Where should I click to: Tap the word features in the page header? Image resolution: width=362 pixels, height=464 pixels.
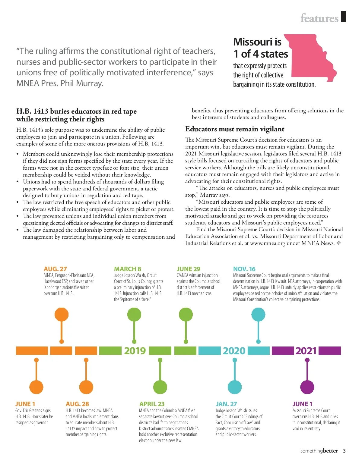pyautogui.click(x=319, y=18)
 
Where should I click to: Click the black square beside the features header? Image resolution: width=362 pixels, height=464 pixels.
pyautogui.click(x=343, y=17)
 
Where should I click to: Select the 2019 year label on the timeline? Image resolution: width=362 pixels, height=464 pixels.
pyautogui.click(x=135, y=351)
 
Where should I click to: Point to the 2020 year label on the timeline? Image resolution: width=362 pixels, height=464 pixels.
pyautogui.click(x=234, y=351)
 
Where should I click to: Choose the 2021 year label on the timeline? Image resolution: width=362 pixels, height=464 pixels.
pyautogui.click(x=306, y=351)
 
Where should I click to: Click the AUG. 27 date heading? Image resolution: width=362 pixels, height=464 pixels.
pyautogui.click(x=55, y=269)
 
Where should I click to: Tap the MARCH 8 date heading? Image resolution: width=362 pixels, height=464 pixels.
pyautogui.click(x=127, y=269)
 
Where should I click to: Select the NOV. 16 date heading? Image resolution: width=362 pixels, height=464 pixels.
pyautogui.click(x=244, y=269)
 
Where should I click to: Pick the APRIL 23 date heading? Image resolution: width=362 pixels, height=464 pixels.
pyautogui.click(x=152, y=404)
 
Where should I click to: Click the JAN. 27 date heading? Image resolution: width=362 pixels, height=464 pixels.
pyautogui.click(x=226, y=404)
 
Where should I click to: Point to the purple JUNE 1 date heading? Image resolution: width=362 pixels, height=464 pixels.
pyautogui.click(x=302, y=404)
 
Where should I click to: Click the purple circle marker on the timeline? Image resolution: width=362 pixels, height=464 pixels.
pyautogui.click(x=307, y=387)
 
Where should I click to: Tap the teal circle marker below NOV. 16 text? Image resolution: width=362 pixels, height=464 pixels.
pyautogui.click(x=258, y=315)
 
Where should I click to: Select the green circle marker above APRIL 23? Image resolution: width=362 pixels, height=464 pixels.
pyautogui.click(x=160, y=387)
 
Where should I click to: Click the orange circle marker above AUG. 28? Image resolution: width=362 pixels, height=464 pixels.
pyautogui.click(x=86, y=387)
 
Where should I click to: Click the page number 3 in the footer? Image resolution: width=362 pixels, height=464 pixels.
pyautogui.click(x=344, y=451)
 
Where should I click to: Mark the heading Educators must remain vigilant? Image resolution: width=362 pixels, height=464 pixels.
pyautogui.click(x=235, y=129)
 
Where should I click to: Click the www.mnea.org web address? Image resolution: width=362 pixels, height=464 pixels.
pyautogui.click(x=267, y=243)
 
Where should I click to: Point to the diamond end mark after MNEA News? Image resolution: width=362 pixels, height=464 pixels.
pyautogui.click(x=339, y=243)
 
